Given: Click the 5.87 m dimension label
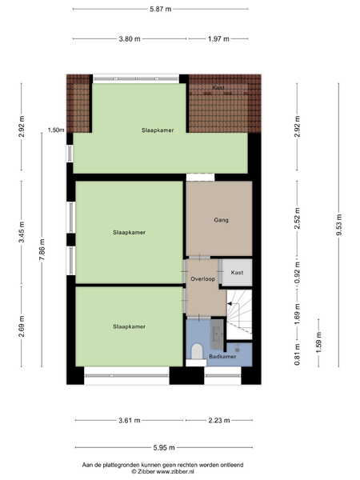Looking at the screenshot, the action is click(x=161, y=9).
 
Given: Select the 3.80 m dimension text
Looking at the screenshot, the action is click(x=130, y=39).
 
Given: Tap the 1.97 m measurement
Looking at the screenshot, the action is click(x=218, y=39).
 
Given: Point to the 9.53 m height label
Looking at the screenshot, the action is click(x=339, y=225).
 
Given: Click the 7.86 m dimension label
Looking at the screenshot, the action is click(x=42, y=250).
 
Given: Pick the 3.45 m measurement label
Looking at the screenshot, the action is click(x=22, y=232).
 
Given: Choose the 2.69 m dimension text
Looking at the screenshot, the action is click(x=22, y=326).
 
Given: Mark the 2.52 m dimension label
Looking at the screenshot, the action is click(x=298, y=218).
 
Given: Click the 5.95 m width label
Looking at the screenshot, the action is click(x=164, y=448).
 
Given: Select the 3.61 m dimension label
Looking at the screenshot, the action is click(x=130, y=420).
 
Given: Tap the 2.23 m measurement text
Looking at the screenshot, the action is click(x=219, y=420).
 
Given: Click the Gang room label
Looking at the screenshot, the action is click(x=221, y=220).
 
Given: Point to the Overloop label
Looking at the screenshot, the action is click(x=202, y=279).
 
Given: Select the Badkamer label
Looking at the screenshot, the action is click(x=222, y=356).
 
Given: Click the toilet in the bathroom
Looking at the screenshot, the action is click(x=197, y=351).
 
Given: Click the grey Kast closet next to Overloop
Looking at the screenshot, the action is click(x=237, y=273).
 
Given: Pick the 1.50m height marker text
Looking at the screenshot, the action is click(x=56, y=130).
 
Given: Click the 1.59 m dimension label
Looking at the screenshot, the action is click(x=318, y=342).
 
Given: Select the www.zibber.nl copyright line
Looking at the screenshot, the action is click(x=163, y=472).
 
